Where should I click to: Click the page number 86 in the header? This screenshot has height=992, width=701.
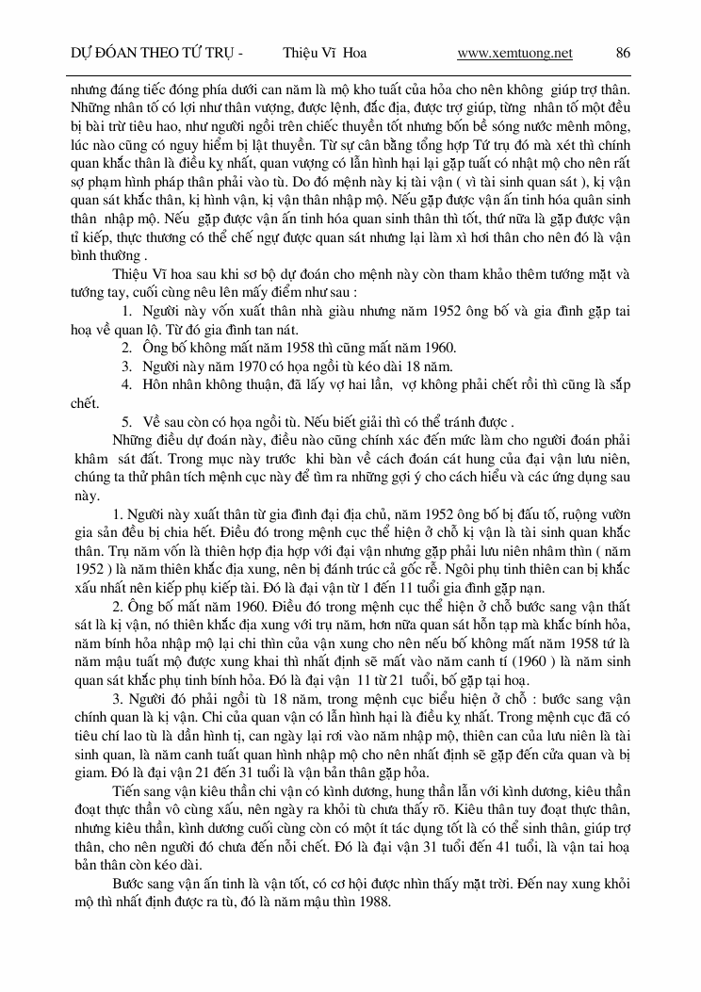[624, 53]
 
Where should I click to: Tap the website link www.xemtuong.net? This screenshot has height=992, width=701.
[514, 53]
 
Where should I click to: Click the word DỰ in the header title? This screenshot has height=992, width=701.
[81, 53]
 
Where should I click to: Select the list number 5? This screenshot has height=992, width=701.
[126, 421]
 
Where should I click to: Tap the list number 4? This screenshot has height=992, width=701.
[126, 384]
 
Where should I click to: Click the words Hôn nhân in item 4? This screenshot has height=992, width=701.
[172, 384]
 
